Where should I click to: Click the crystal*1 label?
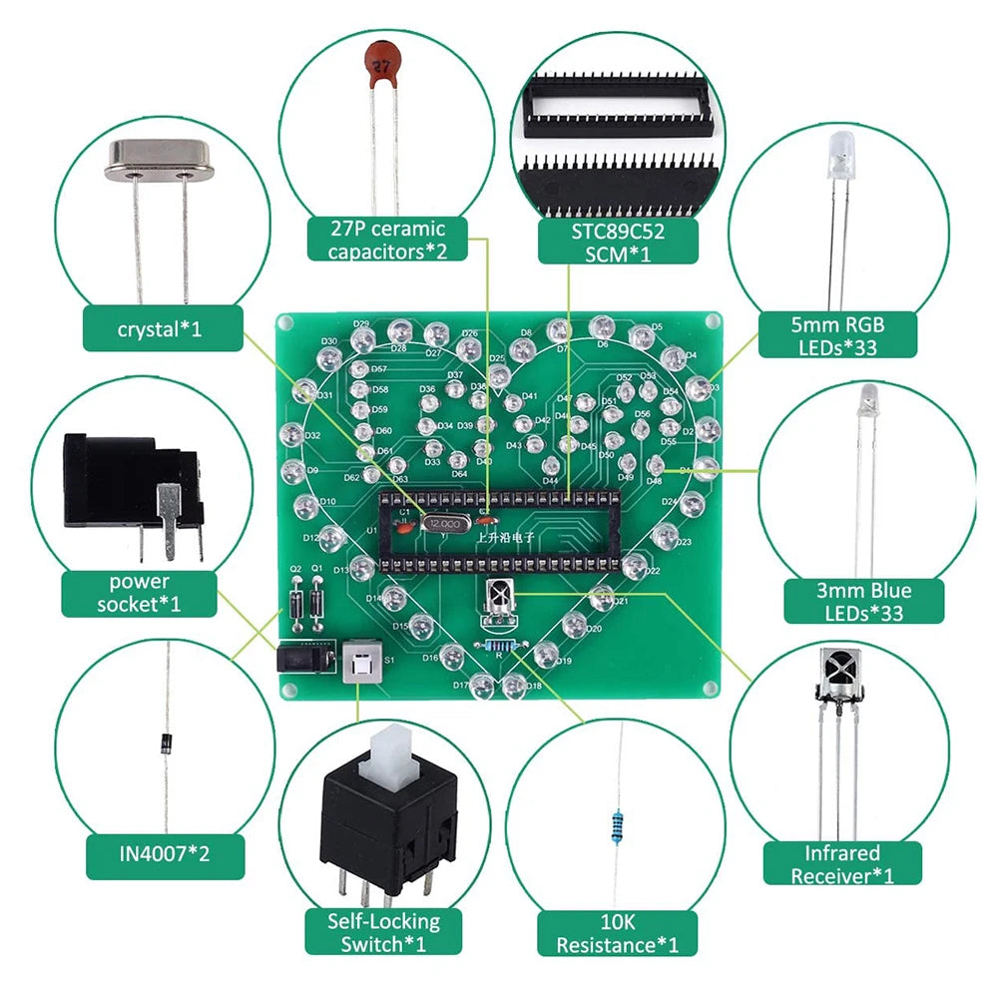pyautogui.click(x=160, y=328)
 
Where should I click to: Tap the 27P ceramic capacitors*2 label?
pyautogui.click(x=386, y=240)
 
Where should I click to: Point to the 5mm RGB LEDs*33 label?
pyautogui.click(x=836, y=335)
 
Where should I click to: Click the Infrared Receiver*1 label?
pyautogui.click(x=842, y=864)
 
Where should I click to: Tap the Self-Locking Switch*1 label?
pyautogui.click(x=383, y=933)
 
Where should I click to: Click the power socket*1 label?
pyautogui.click(x=141, y=593)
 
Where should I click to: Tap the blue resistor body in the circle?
pyautogui.click(x=618, y=824)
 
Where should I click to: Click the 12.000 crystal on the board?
pyautogui.click(x=443, y=522)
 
